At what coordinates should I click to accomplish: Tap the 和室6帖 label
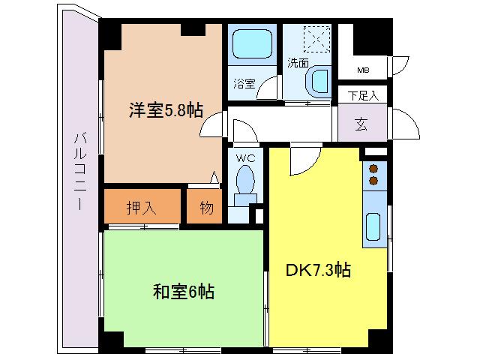[184, 292]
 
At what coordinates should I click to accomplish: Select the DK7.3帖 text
[319, 269]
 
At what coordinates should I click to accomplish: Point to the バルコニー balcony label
[79, 170]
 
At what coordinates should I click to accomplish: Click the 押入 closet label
[141, 207]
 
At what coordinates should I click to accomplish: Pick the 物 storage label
[206, 208]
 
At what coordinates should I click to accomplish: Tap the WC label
[245, 158]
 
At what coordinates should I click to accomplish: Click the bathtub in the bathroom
[252, 46]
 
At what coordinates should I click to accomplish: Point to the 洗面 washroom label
[298, 63]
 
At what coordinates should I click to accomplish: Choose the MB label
[363, 70]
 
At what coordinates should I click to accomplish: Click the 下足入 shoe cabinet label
[363, 96]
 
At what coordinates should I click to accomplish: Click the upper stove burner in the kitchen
[373, 169]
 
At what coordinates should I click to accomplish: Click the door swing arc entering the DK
[305, 157]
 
